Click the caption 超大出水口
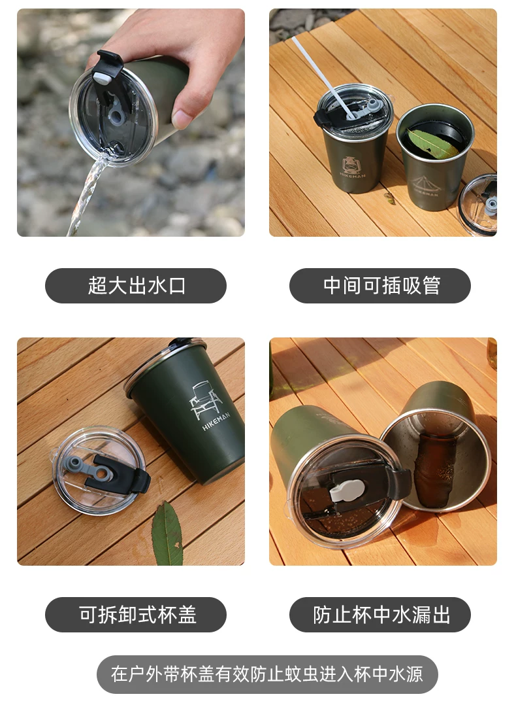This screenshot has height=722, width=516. tap(136, 286)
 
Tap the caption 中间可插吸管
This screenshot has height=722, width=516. tap(381, 286)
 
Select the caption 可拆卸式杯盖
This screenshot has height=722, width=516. tap(137, 614)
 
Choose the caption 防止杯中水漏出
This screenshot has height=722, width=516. tap(381, 614)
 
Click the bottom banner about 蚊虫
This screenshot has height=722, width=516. tap(266, 674)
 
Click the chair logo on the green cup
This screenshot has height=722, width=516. tap(205, 400)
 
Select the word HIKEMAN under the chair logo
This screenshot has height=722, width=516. tap(216, 421)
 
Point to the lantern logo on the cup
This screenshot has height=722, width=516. tap(351, 165)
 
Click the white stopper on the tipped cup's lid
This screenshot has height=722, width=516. tap(347, 490)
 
